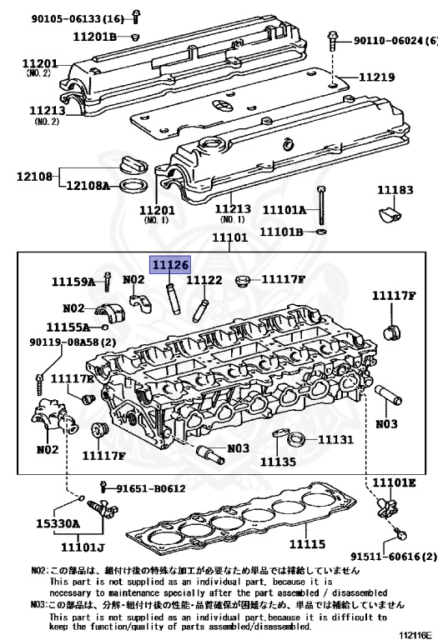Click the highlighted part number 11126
[171, 265]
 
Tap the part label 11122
[204, 280]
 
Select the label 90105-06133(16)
[78, 18]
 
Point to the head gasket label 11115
[307, 543]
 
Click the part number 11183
[395, 190]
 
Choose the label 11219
[377, 77]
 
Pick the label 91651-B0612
[151, 488]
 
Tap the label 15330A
[58, 523]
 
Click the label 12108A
[88, 186]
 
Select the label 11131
[335, 440]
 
